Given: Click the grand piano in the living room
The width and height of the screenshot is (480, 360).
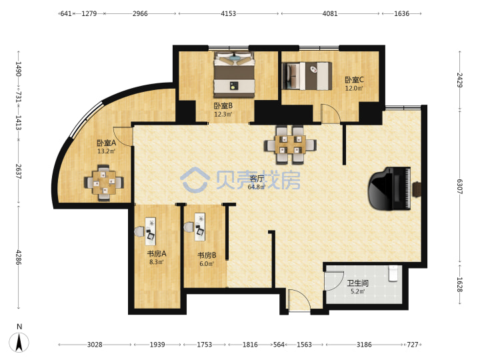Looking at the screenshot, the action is pyautogui.click(x=390, y=188).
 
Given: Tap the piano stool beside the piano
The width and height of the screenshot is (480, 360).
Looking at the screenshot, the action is pyautogui.click(x=417, y=189).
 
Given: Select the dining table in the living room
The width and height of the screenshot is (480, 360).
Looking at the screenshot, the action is pyautogui.click(x=290, y=145).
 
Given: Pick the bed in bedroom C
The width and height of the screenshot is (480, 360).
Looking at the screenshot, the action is pyautogui.click(x=307, y=76).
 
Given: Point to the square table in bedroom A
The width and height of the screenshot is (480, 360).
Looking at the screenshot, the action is pyautogui.click(x=104, y=183).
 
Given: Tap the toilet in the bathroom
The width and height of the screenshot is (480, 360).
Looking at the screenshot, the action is pyautogui.click(x=393, y=273).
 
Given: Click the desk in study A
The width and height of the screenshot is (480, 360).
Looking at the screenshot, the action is pyautogui.click(x=150, y=231).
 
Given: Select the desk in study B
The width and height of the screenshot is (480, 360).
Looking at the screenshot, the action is pyautogui.click(x=199, y=227).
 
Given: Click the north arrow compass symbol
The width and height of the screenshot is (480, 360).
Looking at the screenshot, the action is pyautogui.click(x=19, y=341).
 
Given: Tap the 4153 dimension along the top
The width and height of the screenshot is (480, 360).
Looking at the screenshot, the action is pyautogui.click(x=229, y=13).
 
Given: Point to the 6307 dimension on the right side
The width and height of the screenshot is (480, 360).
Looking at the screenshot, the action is pyautogui.click(x=459, y=187).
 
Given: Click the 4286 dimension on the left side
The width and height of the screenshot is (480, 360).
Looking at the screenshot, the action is pyautogui.click(x=19, y=257).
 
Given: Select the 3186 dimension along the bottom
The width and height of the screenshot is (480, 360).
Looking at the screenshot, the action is pyautogui.click(x=364, y=345).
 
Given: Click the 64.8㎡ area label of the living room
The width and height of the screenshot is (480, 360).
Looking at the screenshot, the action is pyautogui.click(x=257, y=187).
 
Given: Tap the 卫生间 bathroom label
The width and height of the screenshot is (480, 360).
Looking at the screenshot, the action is pyautogui.click(x=357, y=283).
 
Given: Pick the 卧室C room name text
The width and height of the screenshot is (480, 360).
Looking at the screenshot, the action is pyautogui.click(x=354, y=80).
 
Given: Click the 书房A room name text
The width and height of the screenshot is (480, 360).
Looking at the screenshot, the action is pyautogui.click(x=157, y=254).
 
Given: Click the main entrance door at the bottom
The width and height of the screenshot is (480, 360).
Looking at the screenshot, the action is pyautogui.click(x=299, y=301).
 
